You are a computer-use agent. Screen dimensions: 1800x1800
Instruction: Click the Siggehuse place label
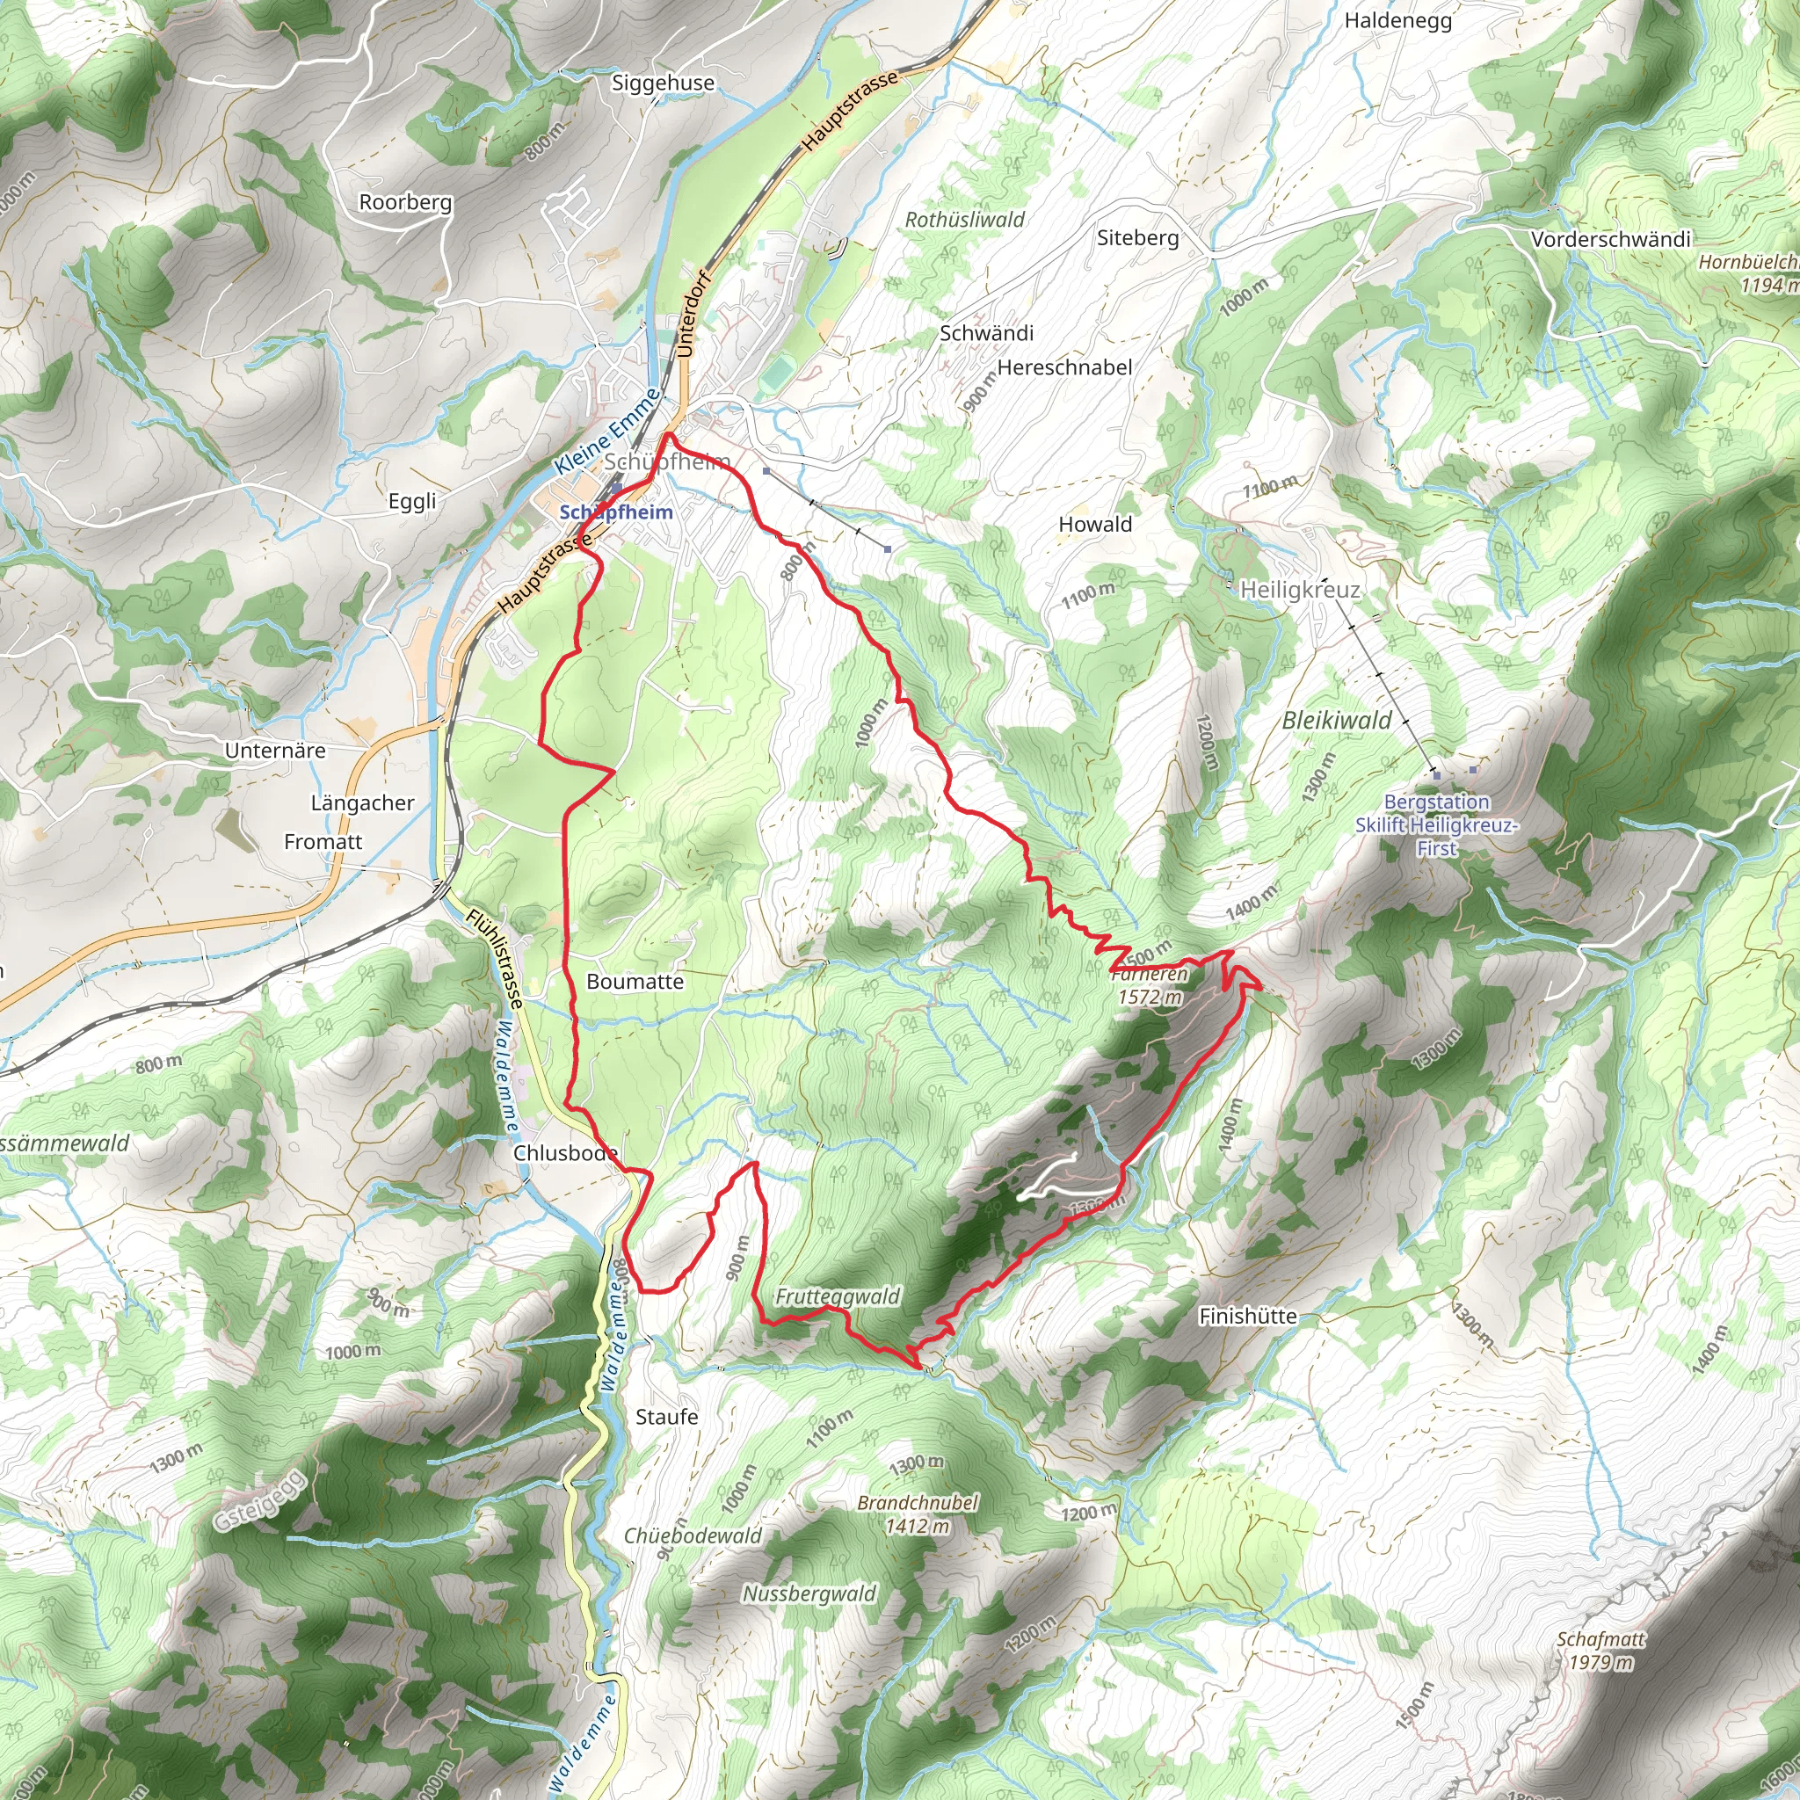(x=663, y=83)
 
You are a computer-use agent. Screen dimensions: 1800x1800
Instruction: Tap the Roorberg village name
(x=405, y=202)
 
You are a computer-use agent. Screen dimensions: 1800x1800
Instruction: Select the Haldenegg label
(x=1397, y=20)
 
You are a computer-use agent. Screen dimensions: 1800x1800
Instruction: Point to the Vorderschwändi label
(x=1611, y=239)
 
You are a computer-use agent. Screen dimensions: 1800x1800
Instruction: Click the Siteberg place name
(x=1137, y=237)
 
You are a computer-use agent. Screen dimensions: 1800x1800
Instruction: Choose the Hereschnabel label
(x=1065, y=367)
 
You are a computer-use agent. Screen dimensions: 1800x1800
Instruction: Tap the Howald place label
(x=1095, y=525)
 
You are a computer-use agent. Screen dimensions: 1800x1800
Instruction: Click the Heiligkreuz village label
(x=1300, y=590)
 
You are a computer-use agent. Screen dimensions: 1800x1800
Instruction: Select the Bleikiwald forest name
(x=1336, y=720)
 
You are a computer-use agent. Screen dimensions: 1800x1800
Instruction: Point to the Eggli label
(x=412, y=501)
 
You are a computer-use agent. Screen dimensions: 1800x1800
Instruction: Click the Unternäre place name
(x=275, y=751)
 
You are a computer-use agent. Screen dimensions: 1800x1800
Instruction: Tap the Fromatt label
(x=323, y=842)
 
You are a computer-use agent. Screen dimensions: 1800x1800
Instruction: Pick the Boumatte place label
(x=635, y=982)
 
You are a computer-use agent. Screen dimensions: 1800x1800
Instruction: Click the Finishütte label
(x=1247, y=1317)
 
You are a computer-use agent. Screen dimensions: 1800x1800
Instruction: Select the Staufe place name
(x=666, y=1417)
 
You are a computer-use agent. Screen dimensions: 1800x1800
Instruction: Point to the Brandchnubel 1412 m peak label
(x=918, y=1514)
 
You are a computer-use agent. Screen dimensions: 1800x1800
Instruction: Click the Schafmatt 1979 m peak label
(x=1600, y=1651)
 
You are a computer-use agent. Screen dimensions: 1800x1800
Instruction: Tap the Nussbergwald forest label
(x=809, y=1594)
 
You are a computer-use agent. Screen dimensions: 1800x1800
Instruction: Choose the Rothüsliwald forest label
(x=964, y=220)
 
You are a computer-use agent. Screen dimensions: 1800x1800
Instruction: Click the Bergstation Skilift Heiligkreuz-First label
(x=1436, y=824)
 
